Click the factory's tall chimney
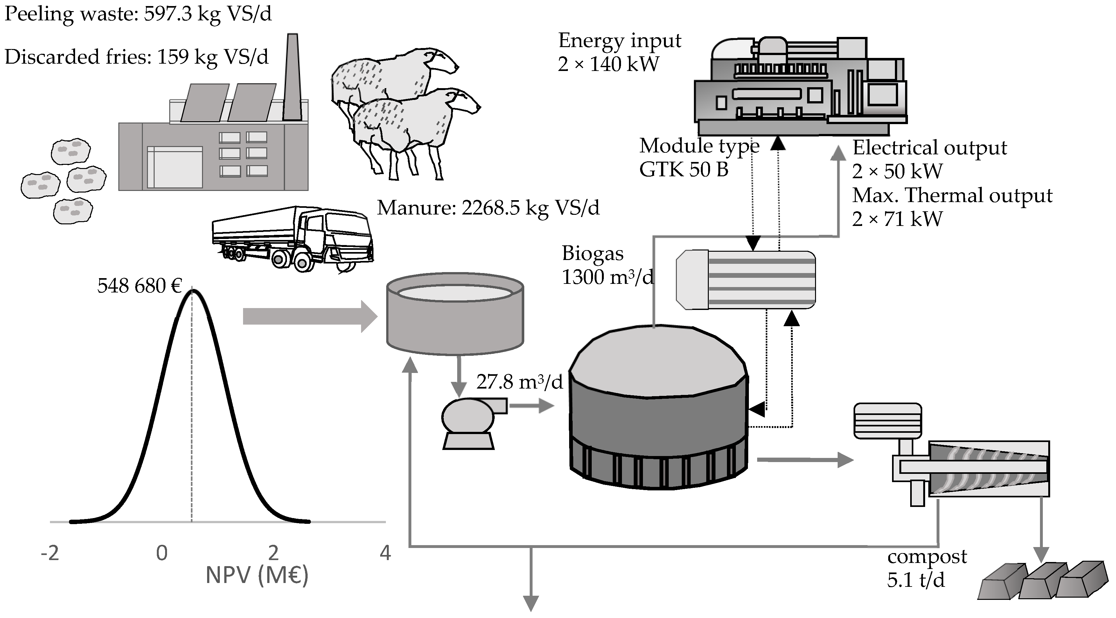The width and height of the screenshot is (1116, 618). click(292, 78)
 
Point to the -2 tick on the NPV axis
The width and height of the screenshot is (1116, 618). click(50, 553)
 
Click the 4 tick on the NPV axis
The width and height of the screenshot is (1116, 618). click(385, 553)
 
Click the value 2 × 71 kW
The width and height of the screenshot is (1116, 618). click(897, 219)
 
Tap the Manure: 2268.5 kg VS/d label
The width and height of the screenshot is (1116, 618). click(488, 208)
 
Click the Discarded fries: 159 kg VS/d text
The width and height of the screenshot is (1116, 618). click(136, 57)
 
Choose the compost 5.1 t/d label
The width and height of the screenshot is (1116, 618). click(926, 568)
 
